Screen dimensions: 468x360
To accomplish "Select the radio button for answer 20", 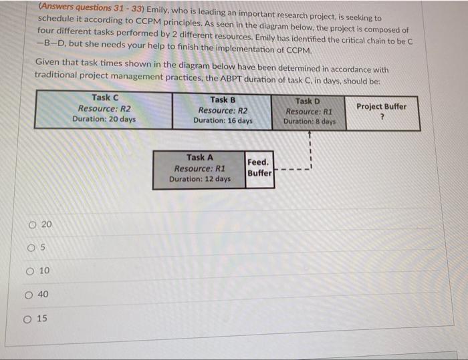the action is pos(31,225).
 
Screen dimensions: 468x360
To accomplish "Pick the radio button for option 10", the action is pos(31,271).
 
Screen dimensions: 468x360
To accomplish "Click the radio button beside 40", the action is pos(31,295).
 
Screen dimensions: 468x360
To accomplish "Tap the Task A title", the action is pos(200,158).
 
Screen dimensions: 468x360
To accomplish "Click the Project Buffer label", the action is pos(381,106).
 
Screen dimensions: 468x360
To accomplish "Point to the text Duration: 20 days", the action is pos(104,119).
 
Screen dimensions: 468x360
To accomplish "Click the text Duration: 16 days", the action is pos(223,121).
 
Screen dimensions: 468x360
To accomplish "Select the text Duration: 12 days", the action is pos(200,179).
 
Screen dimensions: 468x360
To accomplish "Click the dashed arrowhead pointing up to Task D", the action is pos(310,134).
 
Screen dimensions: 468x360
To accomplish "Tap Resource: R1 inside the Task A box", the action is pos(200,168).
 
